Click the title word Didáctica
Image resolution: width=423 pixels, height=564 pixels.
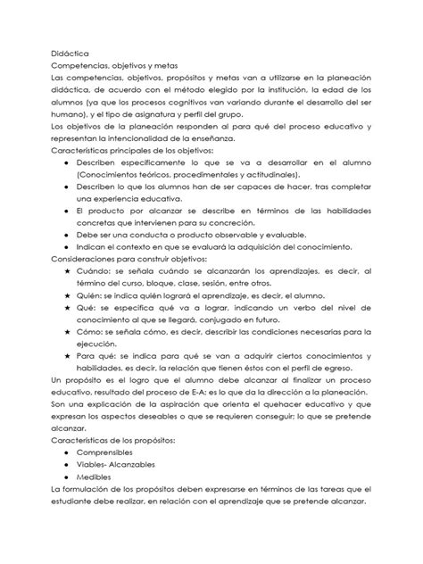(x=70, y=54)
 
